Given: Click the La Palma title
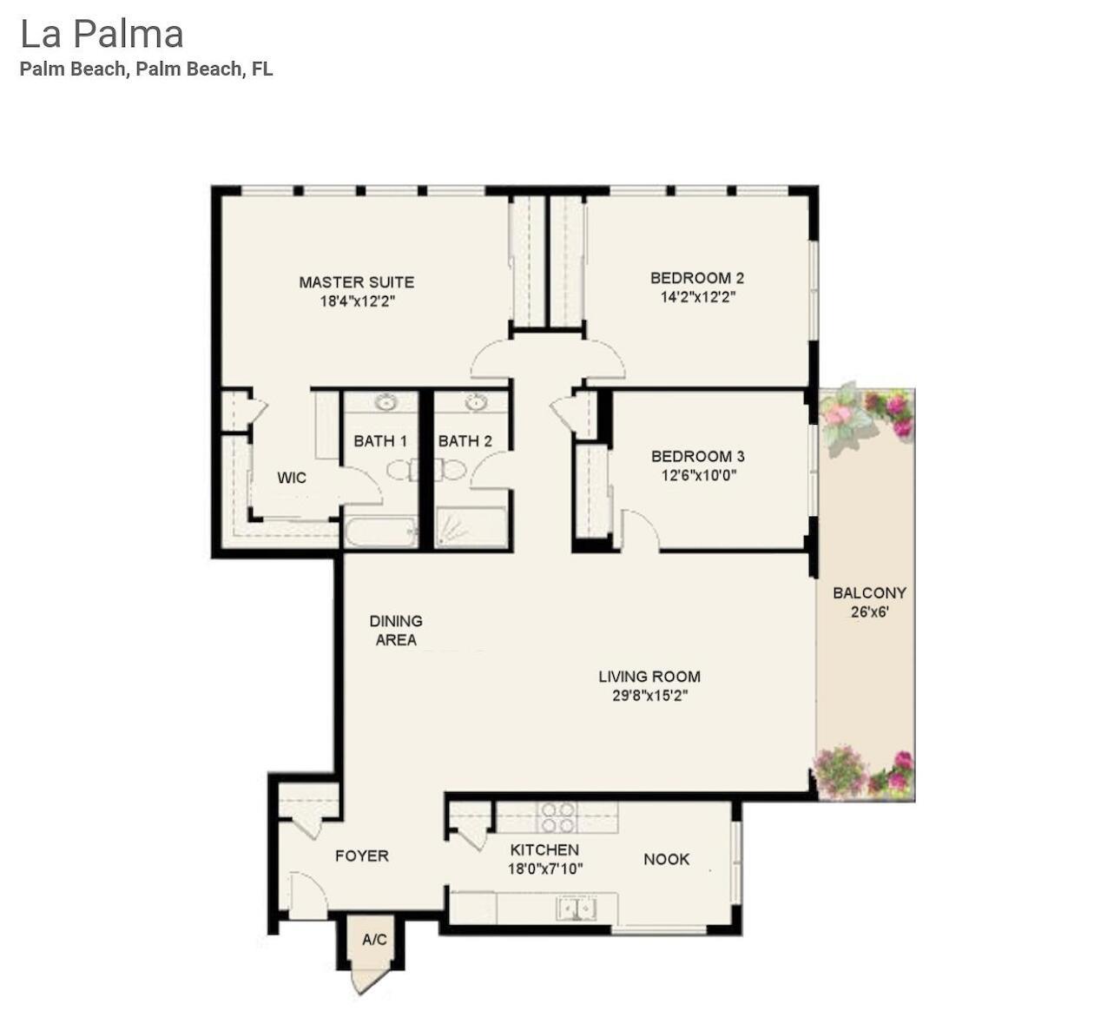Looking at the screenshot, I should pyautogui.click(x=102, y=35).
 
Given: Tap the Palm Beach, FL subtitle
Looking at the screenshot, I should pyautogui.click(x=146, y=69).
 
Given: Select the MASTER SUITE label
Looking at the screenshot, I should pyautogui.click(x=356, y=282).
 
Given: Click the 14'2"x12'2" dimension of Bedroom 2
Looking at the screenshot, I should pyautogui.click(x=698, y=297).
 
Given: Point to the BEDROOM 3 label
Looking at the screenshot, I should pyautogui.click(x=697, y=457).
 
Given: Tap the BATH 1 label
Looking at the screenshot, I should pyautogui.click(x=380, y=441).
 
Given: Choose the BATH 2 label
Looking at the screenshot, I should pyautogui.click(x=465, y=441).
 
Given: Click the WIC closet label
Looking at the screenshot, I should pyautogui.click(x=292, y=478).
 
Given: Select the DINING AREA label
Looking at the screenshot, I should pyautogui.click(x=396, y=631).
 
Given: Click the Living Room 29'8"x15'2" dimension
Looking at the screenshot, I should pyautogui.click(x=649, y=696).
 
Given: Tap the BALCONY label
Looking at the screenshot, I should pyautogui.click(x=869, y=593).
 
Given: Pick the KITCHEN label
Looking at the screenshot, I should pyautogui.click(x=544, y=850).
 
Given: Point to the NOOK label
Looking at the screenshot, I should pyautogui.click(x=666, y=859).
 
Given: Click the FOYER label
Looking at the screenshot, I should pyautogui.click(x=362, y=856).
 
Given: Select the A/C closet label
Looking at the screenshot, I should pyautogui.click(x=374, y=940).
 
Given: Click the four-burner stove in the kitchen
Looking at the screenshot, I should pyautogui.click(x=556, y=817).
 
